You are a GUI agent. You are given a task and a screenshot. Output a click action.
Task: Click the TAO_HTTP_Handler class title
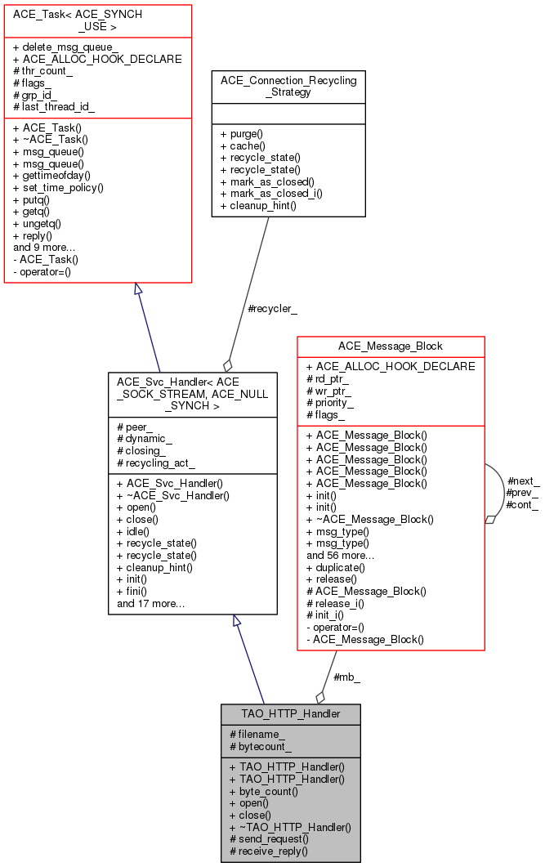290,713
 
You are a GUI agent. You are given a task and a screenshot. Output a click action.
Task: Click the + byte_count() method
263,792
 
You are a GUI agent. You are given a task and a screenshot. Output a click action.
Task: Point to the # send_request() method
269,838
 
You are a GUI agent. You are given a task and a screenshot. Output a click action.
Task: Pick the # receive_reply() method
268,851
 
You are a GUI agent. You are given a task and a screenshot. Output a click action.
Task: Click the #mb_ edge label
347,677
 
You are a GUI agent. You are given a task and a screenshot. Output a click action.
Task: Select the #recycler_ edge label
272,309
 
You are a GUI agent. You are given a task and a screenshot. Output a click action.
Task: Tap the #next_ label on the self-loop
523,480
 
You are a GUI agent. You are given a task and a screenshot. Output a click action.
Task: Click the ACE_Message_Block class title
391,346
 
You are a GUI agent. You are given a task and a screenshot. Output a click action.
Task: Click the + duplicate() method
336,566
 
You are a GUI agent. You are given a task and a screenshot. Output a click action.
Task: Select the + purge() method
242,133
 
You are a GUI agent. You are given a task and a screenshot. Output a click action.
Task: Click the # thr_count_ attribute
42,71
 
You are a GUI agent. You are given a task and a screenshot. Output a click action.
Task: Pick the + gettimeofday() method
51,175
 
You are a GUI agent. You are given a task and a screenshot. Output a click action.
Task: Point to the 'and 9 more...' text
44,247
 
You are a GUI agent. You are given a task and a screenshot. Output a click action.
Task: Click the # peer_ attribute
135,427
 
